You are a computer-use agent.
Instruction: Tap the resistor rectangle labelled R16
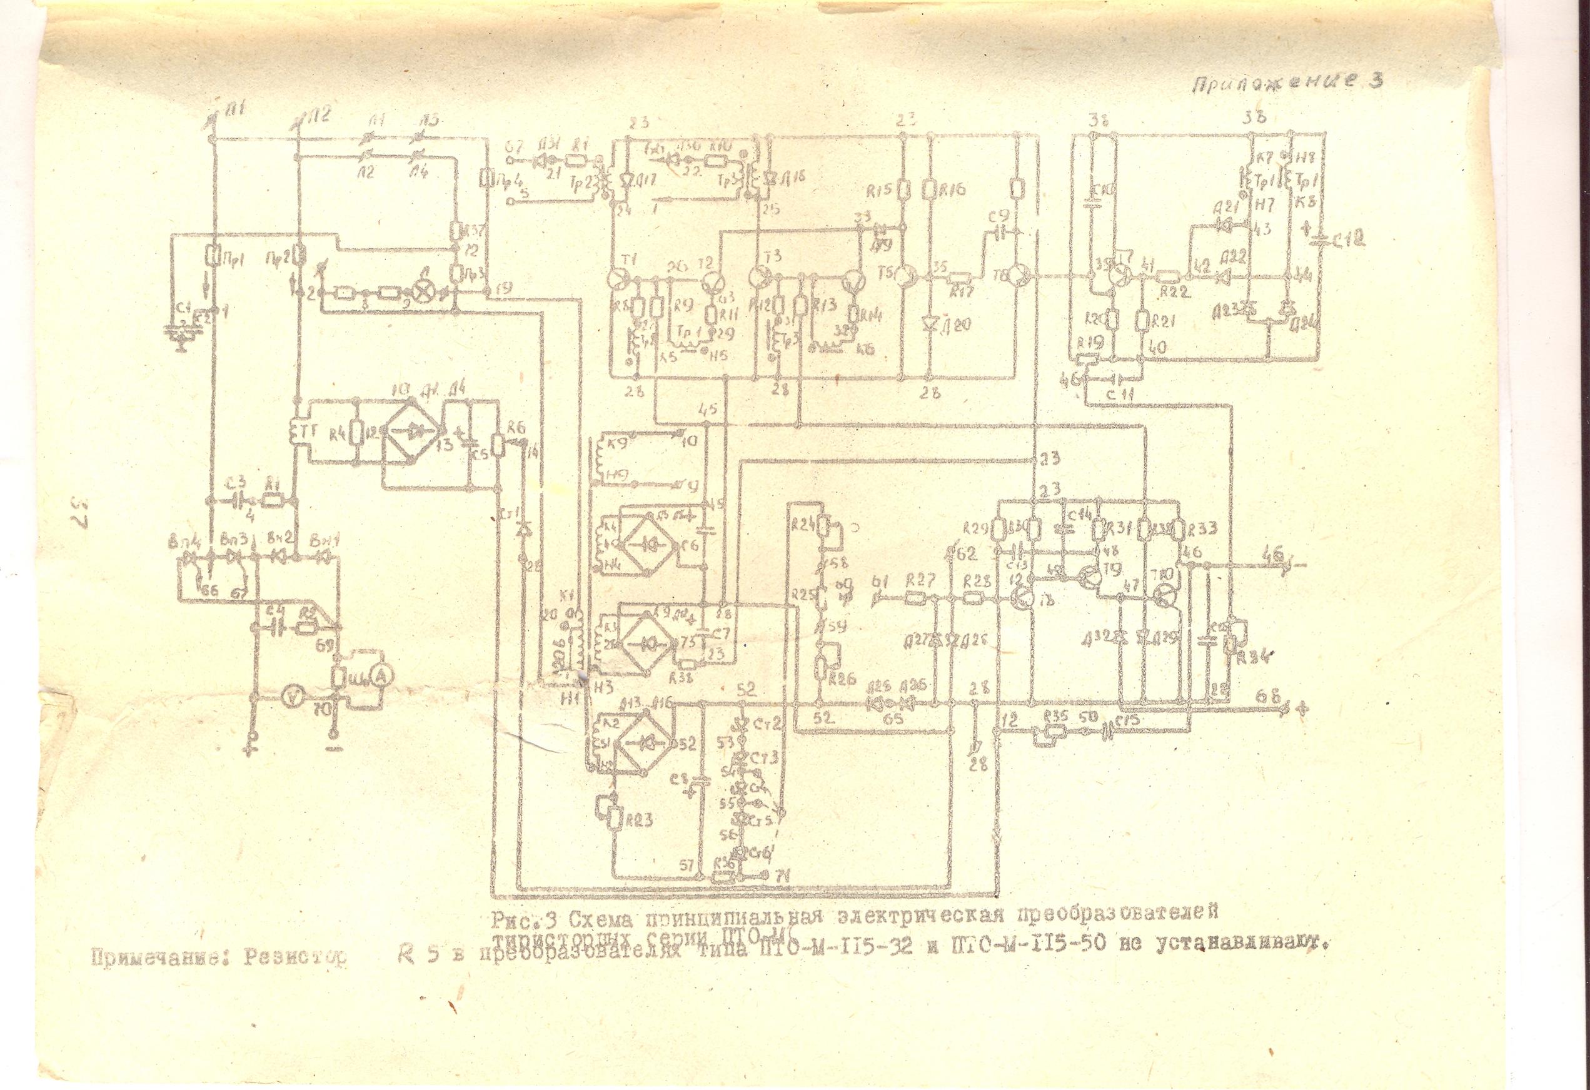point(928,188)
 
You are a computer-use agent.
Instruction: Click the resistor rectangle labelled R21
point(1143,320)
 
